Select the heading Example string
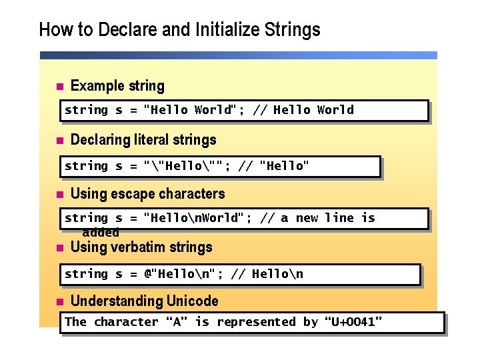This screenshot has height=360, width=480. (117, 86)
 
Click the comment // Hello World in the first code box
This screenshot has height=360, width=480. (303, 110)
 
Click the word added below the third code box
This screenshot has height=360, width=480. (101, 233)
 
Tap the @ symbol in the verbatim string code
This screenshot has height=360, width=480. (149, 274)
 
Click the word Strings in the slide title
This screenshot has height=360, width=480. (292, 30)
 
